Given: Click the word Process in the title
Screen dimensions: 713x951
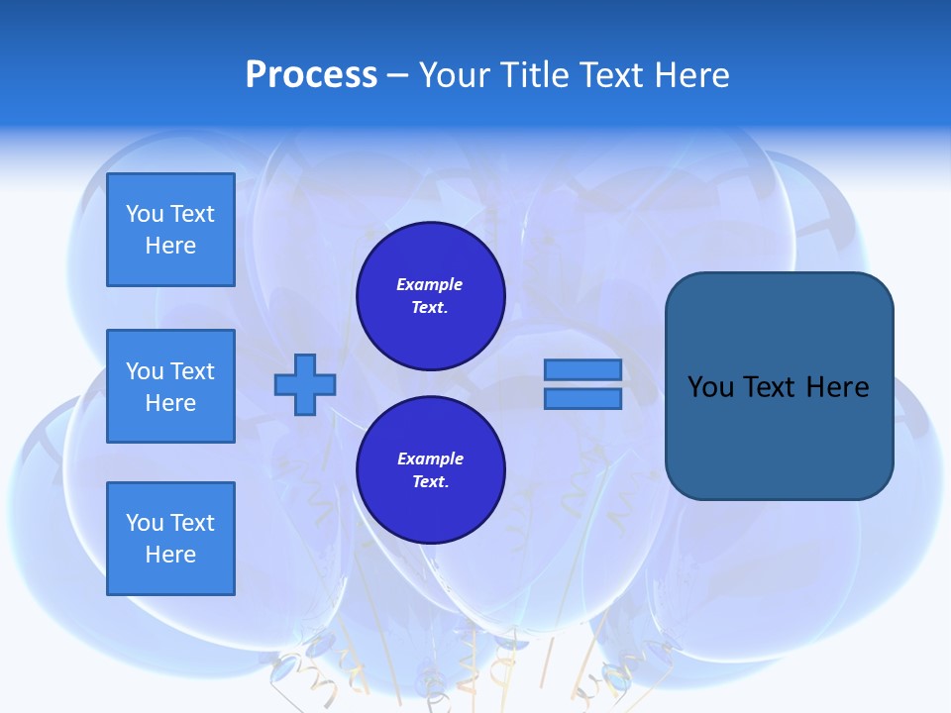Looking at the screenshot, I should click(x=311, y=75).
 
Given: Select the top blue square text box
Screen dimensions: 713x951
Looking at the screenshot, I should click(x=170, y=230).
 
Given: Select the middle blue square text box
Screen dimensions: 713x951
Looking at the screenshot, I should click(x=170, y=386).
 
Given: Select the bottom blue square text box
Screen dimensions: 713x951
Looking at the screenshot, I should click(x=170, y=539).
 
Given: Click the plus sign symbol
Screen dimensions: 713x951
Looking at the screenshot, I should click(x=305, y=384).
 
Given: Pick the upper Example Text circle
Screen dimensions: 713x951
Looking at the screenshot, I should click(x=430, y=296).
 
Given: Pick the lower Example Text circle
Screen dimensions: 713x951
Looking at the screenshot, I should click(x=430, y=470).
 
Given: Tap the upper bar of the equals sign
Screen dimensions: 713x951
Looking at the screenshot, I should click(x=582, y=370).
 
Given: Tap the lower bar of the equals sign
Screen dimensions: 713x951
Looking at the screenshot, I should click(x=582, y=399).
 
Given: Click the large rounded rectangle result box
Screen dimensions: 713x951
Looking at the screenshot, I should click(x=779, y=436).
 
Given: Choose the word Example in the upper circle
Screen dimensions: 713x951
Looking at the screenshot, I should click(x=430, y=284).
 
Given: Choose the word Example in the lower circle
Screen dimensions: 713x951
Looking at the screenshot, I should click(x=430, y=458).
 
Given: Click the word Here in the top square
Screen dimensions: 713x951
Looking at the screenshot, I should click(x=170, y=246).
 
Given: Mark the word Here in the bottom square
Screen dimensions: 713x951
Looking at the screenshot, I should click(x=170, y=555).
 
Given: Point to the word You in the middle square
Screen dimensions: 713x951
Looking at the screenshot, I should click(x=145, y=371).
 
